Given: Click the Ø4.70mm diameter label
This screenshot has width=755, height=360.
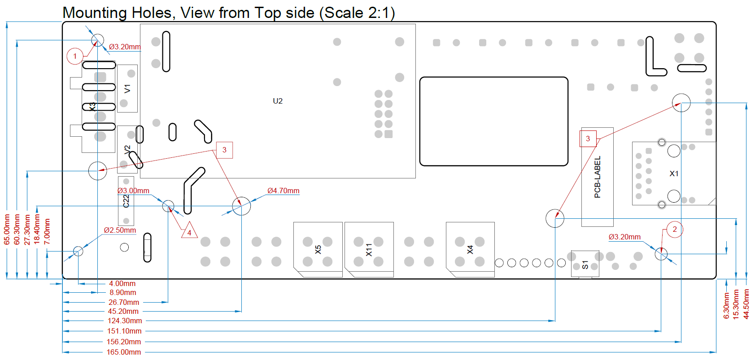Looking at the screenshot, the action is click(283, 191).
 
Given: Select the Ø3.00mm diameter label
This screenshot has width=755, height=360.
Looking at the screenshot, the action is click(133, 191).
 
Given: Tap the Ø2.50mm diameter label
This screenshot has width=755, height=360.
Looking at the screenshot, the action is click(120, 230).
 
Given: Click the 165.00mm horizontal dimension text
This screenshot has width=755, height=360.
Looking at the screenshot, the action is click(124, 352).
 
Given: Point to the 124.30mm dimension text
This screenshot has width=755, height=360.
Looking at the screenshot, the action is click(125, 321).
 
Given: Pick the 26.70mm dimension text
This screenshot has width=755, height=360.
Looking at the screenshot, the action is click(124, 302).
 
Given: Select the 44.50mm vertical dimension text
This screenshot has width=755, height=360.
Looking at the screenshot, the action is click(746, 304).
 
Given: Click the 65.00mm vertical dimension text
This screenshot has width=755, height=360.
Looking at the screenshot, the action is click(7, 229).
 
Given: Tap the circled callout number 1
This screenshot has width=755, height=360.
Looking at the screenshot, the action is click(75, 56).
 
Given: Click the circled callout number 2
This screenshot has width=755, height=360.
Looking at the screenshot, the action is click(674, 230).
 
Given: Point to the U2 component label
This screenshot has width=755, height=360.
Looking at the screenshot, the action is click(278, 101).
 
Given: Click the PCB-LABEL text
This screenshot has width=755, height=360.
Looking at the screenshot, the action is click(597, 177).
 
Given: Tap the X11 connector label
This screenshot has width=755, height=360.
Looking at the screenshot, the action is click(369, 250).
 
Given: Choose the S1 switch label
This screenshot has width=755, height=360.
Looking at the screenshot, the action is click(585, 265).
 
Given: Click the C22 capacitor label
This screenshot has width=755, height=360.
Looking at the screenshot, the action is click(126, 201).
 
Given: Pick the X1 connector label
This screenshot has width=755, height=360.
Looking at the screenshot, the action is click(674, 173).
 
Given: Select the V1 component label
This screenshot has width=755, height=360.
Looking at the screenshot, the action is click(127, 89).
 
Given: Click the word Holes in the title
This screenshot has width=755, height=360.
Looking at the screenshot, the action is click(153, 13).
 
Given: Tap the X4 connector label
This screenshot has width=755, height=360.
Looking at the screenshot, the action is click(470, 250).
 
